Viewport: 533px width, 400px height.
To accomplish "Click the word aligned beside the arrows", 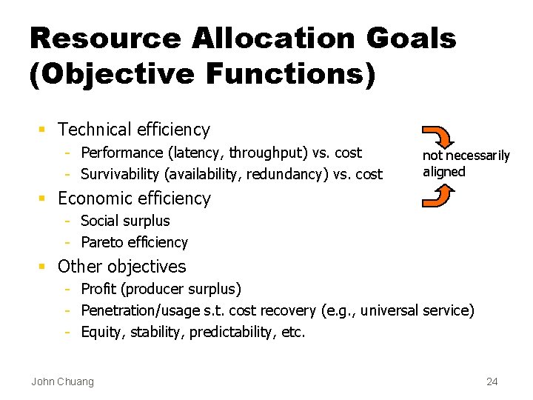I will (444, 172).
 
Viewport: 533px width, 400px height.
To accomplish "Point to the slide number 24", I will (492, 381).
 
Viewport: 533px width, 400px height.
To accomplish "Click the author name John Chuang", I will (63, 381).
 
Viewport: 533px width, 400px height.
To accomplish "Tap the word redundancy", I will (289, 175).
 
